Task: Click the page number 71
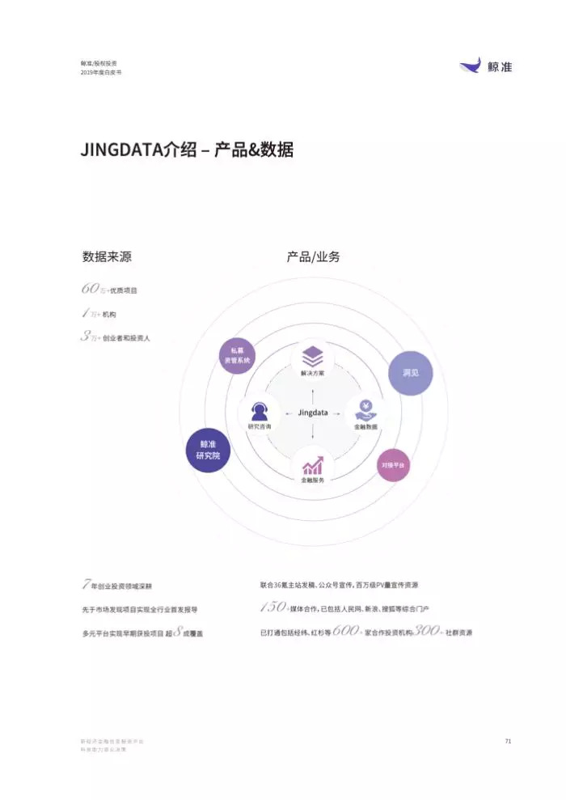coord(508,741)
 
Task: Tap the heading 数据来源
coord(107,257)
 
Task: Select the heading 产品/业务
coord(313,257)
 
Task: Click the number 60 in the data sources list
coord(89,289)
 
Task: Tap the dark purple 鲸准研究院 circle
coord(208,451)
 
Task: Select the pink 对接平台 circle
coord(394,465)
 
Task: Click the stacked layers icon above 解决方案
coord(313,355)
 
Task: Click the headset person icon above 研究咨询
coord(260,409)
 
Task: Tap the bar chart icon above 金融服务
coord(313,465)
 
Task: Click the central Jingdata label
coord(313,413)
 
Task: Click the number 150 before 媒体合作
coord(273,607)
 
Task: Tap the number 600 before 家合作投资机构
coord(345,631)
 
